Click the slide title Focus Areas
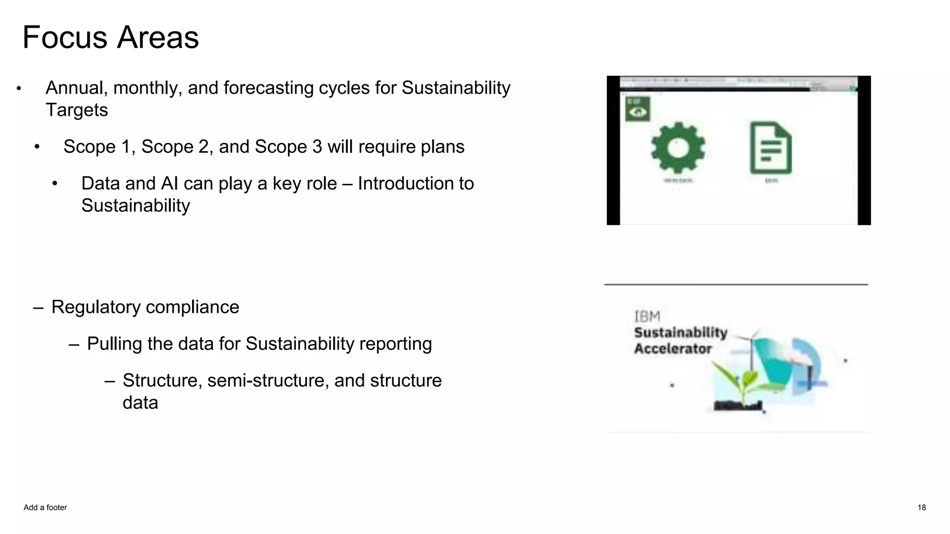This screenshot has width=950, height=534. pyautogui.click(x=110, y=38)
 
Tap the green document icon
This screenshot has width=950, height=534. pyautogui.click(x=770, y=148)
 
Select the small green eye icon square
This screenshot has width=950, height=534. pyautogui.click(x=637, y=109)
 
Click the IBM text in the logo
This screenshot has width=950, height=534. pyautogui.click(x=647, y=317)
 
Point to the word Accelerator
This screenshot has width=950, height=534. pyautogui.click(x=673, y=349)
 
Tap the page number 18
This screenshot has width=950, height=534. pyautogui.click(x=921, y=508)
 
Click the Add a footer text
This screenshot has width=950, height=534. pyautogui.click(x=45, y=508)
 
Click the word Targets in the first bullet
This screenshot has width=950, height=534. pyautogui.click(x=77, y=110)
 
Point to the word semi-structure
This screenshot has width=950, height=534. pyautogui.click(x=268, y=381)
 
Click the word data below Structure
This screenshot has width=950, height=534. pyautogui.click(x=140, y=403)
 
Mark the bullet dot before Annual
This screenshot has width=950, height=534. pyautogui.click(x=19, y=88)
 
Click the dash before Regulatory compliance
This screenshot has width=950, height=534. pyautogui.click(x=39, y=307)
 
